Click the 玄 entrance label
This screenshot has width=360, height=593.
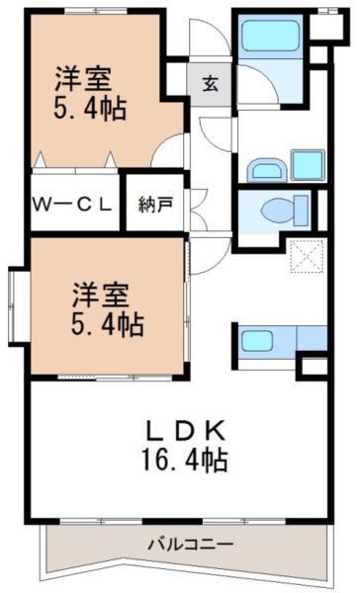(210, 82)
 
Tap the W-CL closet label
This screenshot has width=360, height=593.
(74, 205)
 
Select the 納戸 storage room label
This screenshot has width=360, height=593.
(154, 205)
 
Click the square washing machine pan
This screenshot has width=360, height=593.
(308, 166)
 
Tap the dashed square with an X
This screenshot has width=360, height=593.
(307, 258)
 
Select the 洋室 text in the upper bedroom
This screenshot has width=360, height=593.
(81, 76)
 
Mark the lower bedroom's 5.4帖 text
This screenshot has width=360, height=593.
(106, 322)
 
